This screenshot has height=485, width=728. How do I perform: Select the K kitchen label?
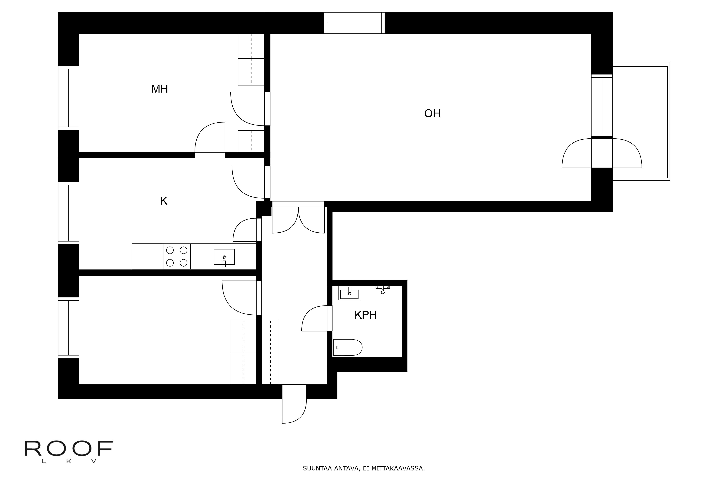pos(164,201)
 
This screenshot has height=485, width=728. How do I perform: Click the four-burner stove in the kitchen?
pos(177,256)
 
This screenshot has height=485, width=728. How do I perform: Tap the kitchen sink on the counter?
pos(224,257)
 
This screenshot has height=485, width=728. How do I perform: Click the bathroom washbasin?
pos(349,293)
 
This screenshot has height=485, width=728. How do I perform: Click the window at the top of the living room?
pos(354,23)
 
